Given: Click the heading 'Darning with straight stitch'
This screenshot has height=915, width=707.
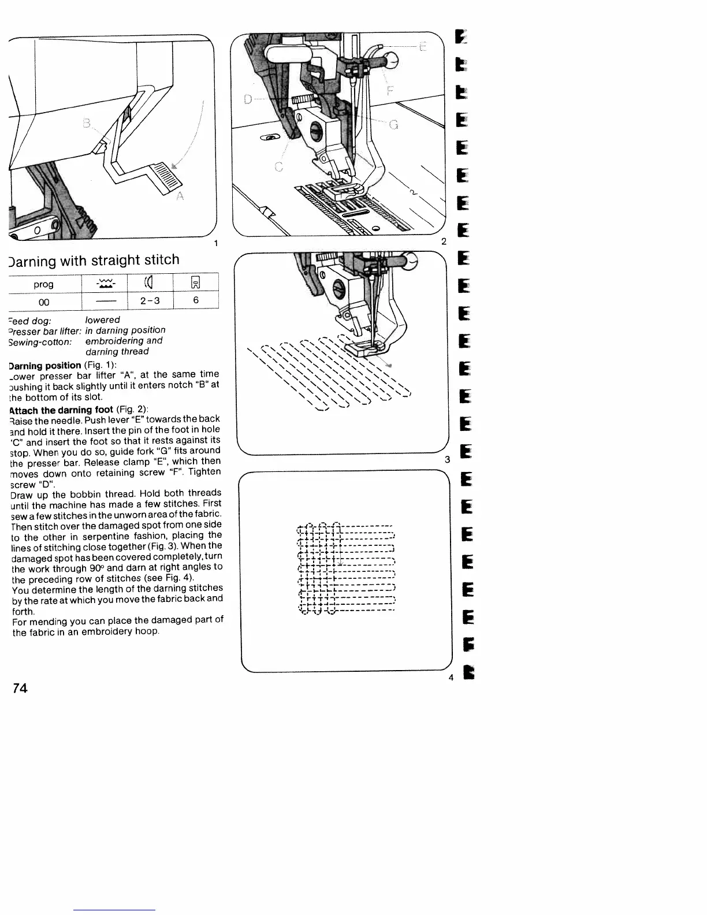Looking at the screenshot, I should click(x=94, y=260).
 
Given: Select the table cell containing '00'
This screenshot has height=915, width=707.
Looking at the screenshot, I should click(x=44, y=301).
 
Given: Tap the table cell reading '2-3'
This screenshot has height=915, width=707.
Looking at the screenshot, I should click(x=150, y=300).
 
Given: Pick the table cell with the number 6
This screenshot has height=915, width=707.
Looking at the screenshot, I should click(x=196, y=300).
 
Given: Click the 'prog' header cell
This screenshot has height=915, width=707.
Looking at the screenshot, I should click(x=44, y=284).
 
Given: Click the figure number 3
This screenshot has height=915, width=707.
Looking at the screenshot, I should click(x=447, y=460).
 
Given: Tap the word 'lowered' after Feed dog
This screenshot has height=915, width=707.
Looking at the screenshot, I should click(x=103, y=320).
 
